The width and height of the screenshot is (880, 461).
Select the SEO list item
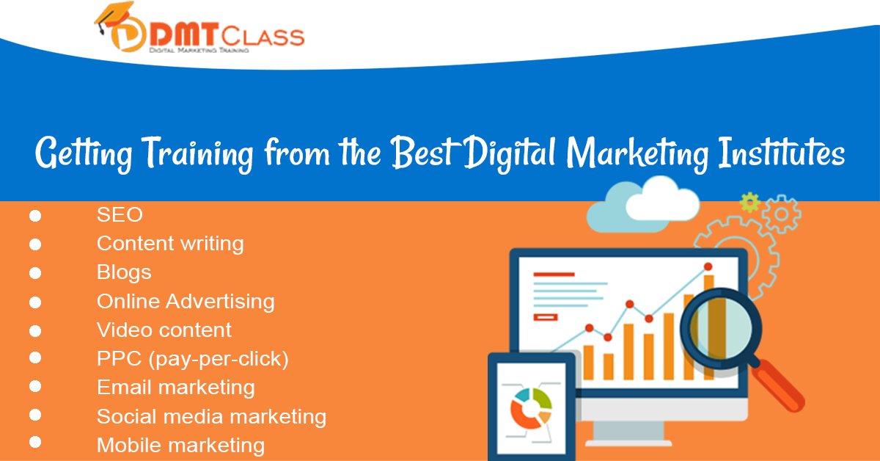click(x=120, y=215)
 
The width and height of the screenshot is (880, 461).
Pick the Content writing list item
click(x=170, y=243)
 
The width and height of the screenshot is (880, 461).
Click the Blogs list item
click(x=124, y=272)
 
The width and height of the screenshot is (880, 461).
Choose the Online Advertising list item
click(x=186, y=301)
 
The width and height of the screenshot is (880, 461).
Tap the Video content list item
click(x=164, y=330)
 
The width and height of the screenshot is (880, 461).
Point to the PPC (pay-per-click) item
click(x=193, y=359)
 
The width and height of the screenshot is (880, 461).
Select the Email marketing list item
click(x=176, y=388)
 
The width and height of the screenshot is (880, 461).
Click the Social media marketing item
click(x=211, y=417)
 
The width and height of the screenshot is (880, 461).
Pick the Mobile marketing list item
click(x=180, y=445)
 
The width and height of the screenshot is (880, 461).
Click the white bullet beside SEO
click(x=34, y=216)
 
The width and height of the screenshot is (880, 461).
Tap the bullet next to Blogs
click(x=34, y=273)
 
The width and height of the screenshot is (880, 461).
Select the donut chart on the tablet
click(x=530, y=407)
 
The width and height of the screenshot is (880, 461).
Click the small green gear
click(x=749, y=202)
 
